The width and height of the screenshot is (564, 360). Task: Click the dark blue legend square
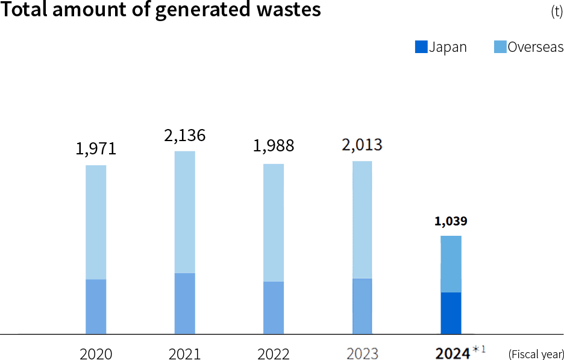421,46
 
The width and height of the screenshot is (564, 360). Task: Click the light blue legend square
500,46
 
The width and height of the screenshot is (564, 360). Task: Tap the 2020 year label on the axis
97,353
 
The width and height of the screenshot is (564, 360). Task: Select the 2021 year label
186,353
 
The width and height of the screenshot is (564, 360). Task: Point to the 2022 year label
274,353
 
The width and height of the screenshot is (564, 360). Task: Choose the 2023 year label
362,353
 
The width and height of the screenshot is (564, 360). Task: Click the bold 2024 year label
451,353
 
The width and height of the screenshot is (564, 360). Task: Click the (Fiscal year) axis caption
534,353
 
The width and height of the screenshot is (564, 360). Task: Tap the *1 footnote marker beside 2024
479,349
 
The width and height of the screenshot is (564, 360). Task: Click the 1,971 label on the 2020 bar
96,149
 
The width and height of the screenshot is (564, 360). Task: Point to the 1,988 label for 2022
275,147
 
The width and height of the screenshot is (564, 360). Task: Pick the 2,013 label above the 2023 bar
363,145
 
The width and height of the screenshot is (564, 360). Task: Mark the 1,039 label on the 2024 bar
451,221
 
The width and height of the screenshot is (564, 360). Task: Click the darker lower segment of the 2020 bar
96,306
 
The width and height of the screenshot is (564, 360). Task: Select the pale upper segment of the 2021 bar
185,211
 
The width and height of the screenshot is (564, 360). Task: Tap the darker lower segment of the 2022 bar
274,307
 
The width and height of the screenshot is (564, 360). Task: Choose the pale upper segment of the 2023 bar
362,220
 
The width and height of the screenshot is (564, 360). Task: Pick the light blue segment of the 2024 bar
451,264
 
